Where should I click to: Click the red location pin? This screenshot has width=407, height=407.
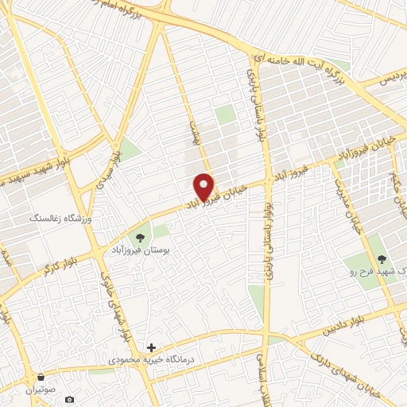pos(205,187)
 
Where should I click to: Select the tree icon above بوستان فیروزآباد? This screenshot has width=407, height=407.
pos(141,236)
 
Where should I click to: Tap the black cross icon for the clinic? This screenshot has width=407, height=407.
pos(152,347)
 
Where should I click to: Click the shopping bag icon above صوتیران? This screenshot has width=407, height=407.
pos(41,375)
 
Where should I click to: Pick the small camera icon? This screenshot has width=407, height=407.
pos(70,398)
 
